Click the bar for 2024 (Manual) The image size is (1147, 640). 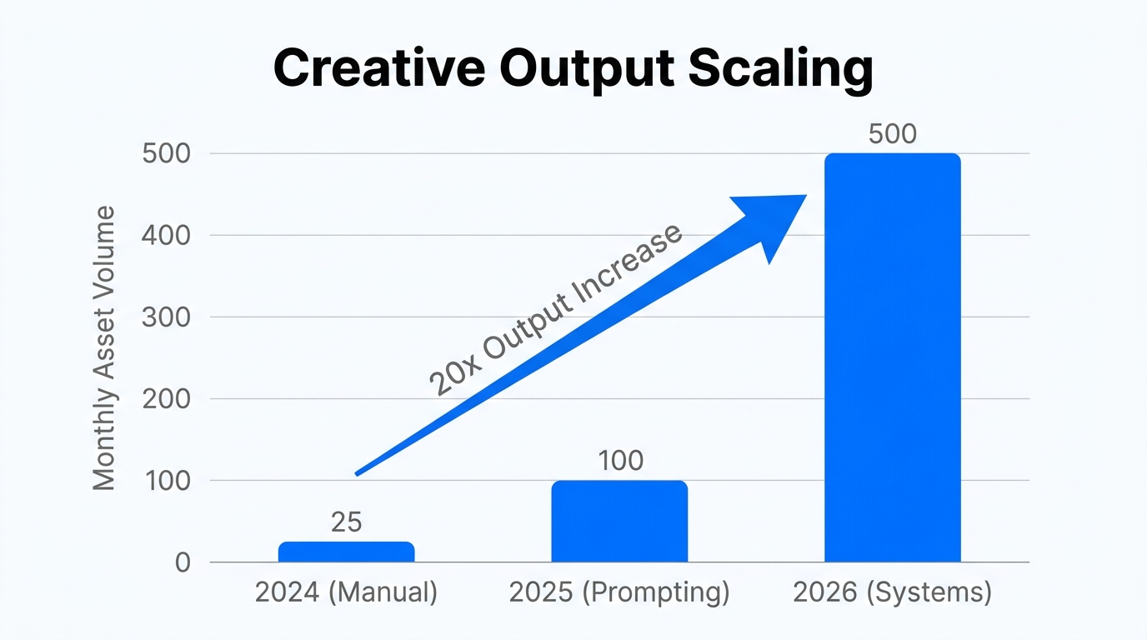(346, 552)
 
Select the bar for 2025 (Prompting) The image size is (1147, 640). (619, 522)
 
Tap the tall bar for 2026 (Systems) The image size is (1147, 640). (893, 358)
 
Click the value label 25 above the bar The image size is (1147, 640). (346, 522)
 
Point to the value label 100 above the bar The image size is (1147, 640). (620, 461)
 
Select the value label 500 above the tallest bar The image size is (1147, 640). (893, 134)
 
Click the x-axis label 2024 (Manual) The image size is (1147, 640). (346, 592)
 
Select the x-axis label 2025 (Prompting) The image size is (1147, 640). (619, 592)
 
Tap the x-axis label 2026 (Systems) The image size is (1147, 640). (893, 592)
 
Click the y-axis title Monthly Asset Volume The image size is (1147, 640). (104, 347)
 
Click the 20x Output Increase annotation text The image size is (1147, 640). (555, 309)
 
